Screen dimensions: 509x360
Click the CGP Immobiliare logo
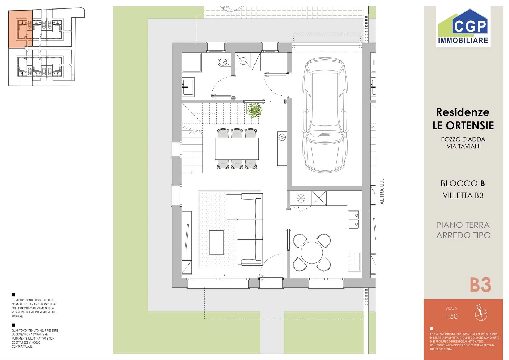point(463,27)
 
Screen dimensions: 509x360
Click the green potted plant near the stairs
point(254,110)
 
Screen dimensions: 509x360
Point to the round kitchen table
point(312,252)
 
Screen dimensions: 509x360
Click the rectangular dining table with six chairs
point(237,148)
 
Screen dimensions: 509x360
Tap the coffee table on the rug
point(216,242)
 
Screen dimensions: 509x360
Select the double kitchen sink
point(353,219)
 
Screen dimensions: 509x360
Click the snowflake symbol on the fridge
point(301,198)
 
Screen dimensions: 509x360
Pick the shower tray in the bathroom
point(192,63)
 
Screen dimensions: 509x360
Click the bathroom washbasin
point(188,86)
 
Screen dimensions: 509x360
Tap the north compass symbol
point(481,314)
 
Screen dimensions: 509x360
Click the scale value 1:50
point(451,316)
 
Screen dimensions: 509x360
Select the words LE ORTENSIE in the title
point(463,125)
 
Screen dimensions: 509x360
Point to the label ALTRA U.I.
point(382,192)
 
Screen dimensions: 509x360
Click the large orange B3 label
point(481,285)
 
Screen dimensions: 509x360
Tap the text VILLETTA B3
point(463,195)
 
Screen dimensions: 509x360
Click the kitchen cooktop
point(354,262)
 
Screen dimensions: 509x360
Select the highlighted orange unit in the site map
point(21,29)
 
